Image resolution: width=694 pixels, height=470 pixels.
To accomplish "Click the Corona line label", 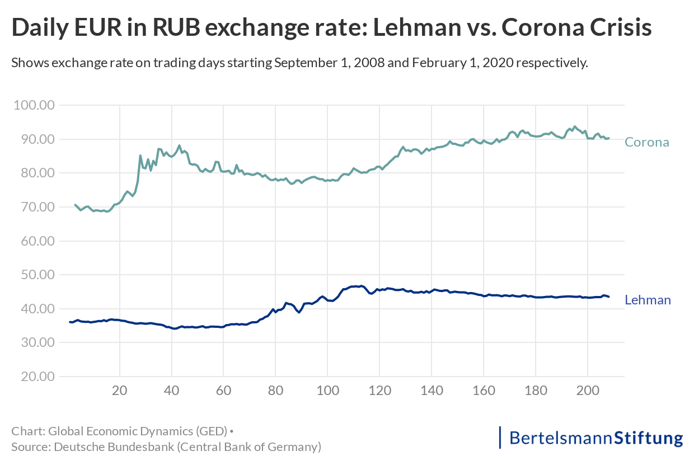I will tap(646, 142).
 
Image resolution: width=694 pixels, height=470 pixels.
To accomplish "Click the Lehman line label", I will tap(648, 300).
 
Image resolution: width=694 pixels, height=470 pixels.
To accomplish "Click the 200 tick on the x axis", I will tap(588, 391).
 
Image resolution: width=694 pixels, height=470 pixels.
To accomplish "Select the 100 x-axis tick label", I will tap(327, 391).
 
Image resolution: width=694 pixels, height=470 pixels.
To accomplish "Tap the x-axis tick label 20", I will tap(120, 391).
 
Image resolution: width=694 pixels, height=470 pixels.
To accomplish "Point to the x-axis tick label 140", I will tap(432, 391).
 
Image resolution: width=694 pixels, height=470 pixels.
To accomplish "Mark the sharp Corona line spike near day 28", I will tap(140, 156).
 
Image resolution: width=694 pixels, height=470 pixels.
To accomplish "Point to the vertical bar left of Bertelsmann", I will tap(500, 438).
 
